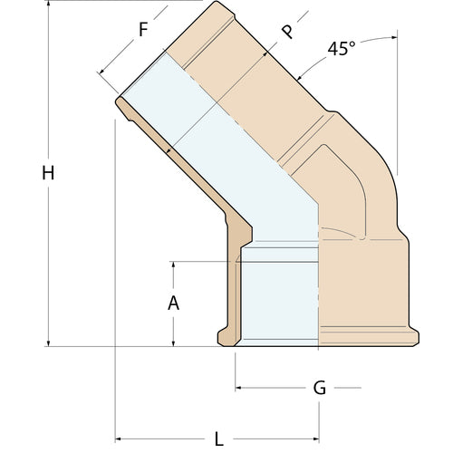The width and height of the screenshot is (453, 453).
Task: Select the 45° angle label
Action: tap(341, 50)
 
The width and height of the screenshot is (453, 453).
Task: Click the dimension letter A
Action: tap(174, 304)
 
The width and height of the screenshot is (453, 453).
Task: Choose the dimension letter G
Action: tap(319, 389)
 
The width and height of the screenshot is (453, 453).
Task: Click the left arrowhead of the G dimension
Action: tap(240, 389)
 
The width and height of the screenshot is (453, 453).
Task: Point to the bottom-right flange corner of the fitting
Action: tap(415, 342)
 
